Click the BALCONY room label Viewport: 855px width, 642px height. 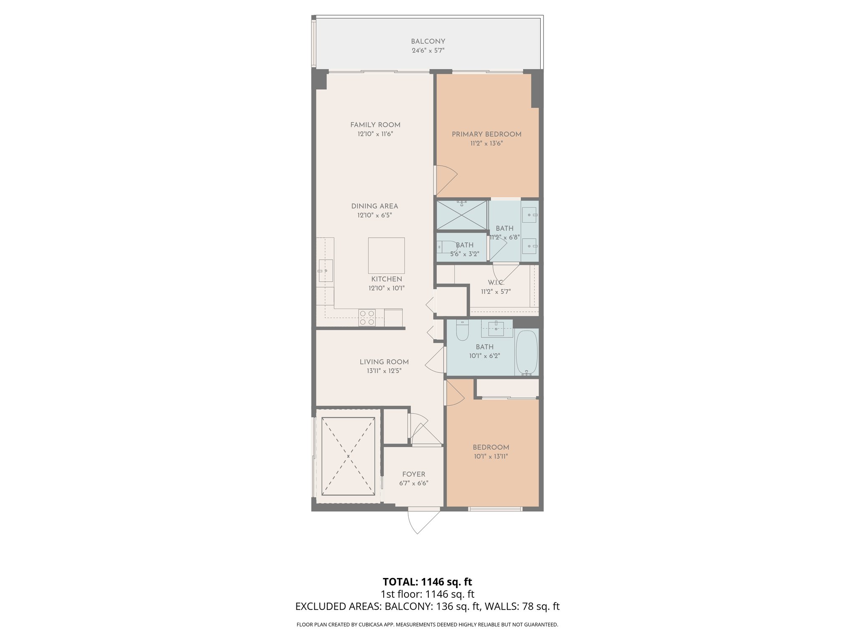point(427,41)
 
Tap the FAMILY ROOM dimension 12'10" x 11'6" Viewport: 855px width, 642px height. point(375,134)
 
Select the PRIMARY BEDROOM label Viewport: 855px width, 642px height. point(486,134)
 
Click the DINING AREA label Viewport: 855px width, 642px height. point(374,206)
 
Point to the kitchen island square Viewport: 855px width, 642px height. point(386,255)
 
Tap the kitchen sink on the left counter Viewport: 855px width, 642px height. point(325,270)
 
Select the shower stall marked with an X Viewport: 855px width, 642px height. point(461,215)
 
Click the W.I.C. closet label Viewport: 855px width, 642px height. point(496,283)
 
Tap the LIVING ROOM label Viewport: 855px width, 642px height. point(384,362)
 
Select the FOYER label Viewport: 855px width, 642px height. point(413,474)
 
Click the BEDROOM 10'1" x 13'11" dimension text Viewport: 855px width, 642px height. point(491,456)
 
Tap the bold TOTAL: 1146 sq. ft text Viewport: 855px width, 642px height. point(427,581)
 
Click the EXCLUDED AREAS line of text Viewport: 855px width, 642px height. point(427,606)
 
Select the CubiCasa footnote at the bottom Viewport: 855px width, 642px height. point(427,624)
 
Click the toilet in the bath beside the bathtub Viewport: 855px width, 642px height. point(462,331)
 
